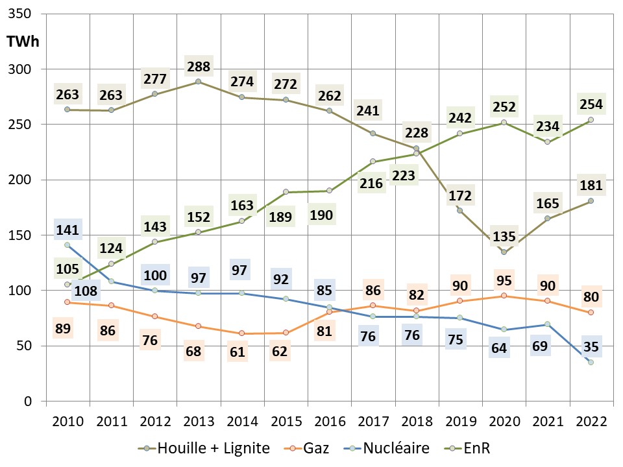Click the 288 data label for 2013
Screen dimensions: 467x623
tap(198, 67)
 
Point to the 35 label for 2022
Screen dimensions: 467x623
tap(591, 346)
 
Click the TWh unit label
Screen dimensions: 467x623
tap(23, 42)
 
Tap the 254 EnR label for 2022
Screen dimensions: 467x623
tap(591, 104)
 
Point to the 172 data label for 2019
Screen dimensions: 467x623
tap(459, 195)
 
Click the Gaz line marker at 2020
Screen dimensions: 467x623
tap(504, 296)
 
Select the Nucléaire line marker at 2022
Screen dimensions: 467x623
tap(591, 362)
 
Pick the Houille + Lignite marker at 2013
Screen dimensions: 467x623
tap(198, 82)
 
